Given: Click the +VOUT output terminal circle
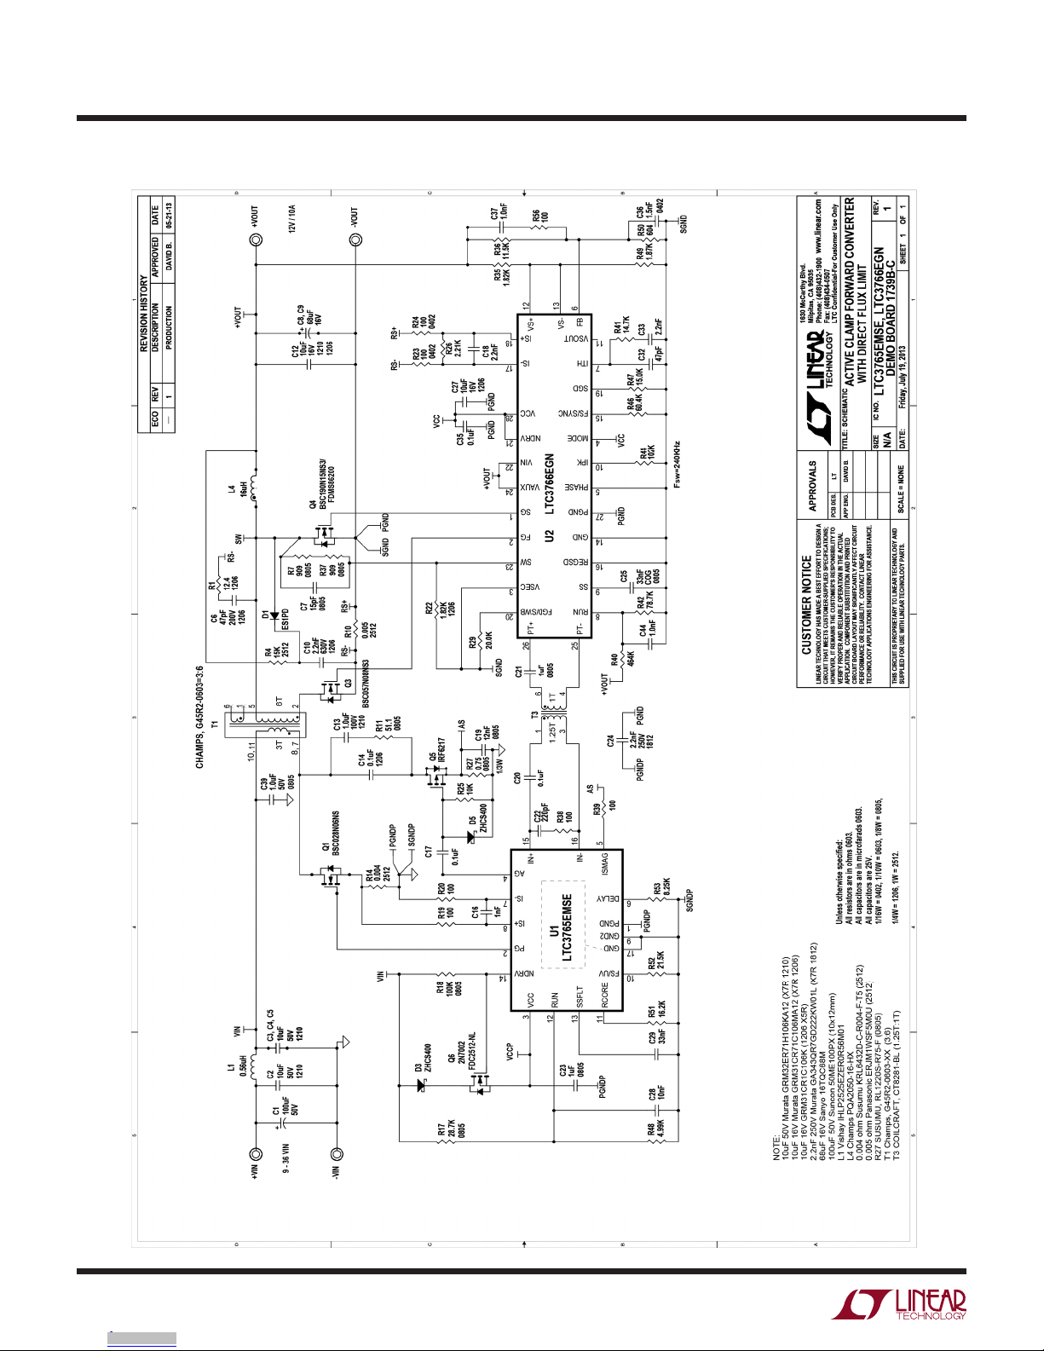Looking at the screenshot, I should pyautogui.click(x=254, y=241).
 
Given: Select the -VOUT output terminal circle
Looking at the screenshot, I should pyautogui.click(x=355, y=241).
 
